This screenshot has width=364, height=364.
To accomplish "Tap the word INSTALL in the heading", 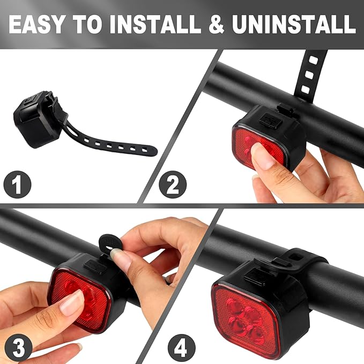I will click(160, 24).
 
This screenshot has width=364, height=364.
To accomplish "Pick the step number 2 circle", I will click(172, 184).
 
